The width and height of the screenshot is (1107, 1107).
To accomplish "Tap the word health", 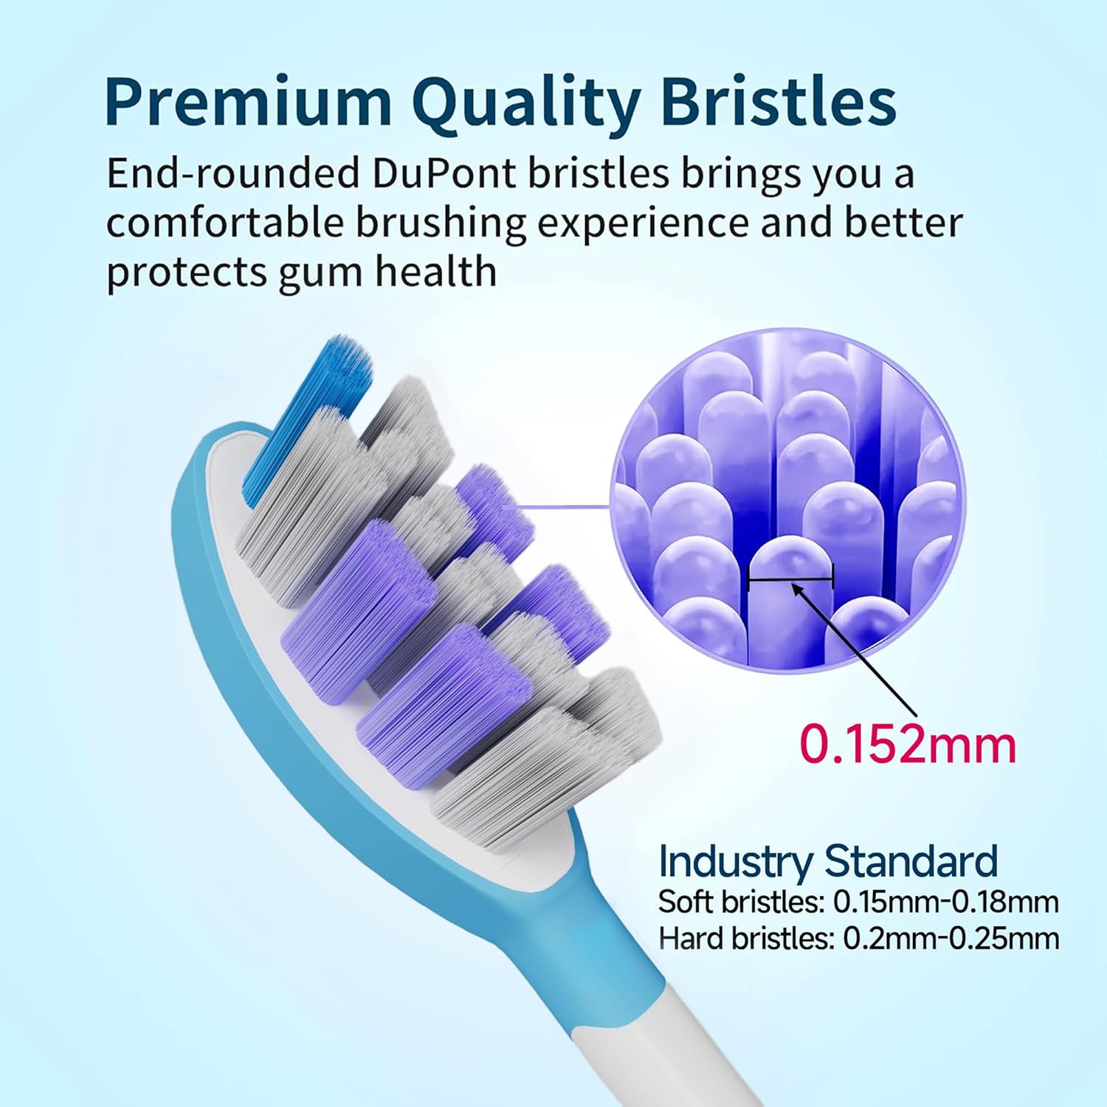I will click(435, 272).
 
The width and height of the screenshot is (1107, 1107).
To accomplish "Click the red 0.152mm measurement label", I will click(908, 744).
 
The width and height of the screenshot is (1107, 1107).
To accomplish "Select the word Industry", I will click(735, 861).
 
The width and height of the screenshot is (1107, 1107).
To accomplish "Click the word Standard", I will click(911, 861).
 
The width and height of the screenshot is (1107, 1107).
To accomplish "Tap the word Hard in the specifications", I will click(691, 939).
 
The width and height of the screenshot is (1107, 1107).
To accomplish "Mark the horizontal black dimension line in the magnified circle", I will click(790, 578).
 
